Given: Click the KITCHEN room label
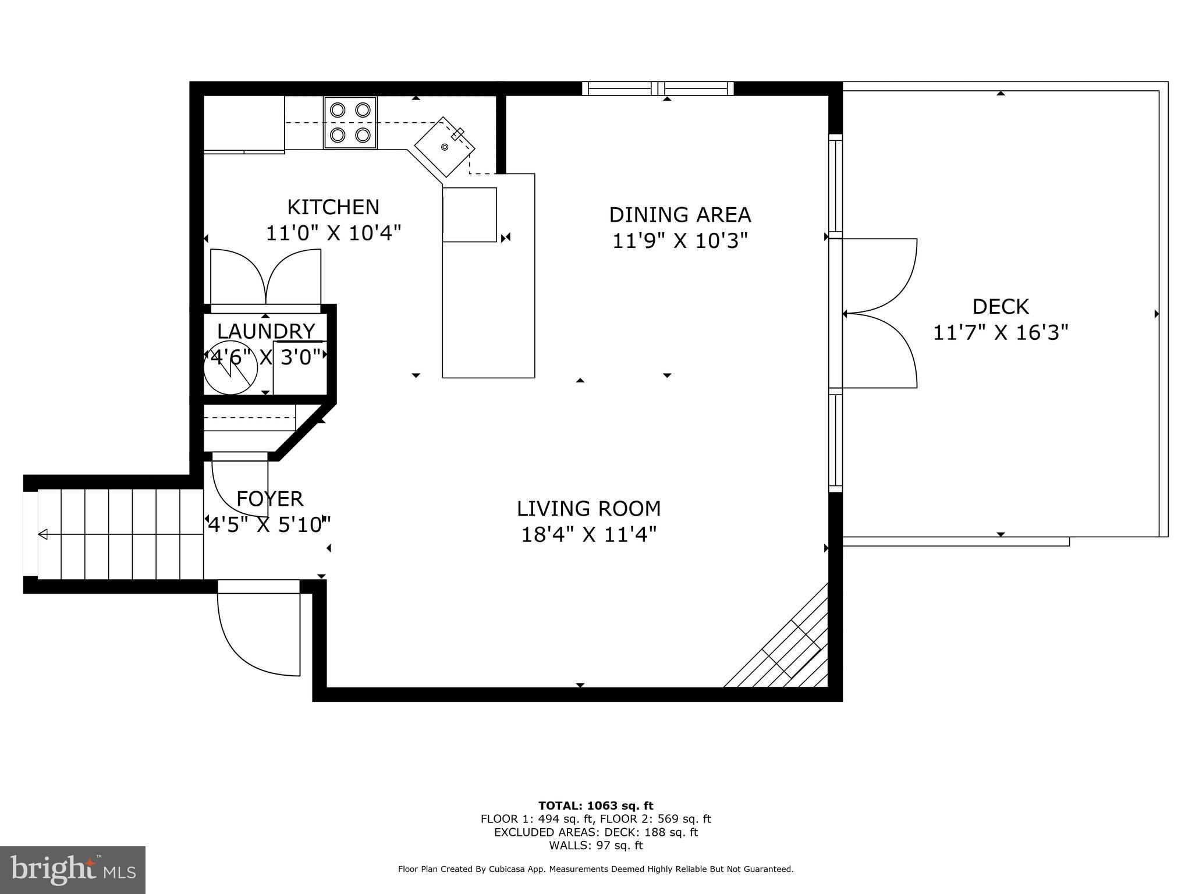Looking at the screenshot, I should click(333, 207).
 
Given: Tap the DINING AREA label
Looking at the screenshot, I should click(680, 215).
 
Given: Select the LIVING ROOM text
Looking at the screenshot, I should click(588, 509).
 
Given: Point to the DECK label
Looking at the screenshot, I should click(1001, 307).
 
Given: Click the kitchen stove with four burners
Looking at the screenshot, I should click(350, 123).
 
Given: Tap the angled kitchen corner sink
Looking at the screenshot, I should click(444, 147).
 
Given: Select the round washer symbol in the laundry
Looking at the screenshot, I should click(230, 370).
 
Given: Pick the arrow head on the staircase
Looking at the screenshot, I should click(43, 534).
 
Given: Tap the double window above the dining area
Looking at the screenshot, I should click(658, 88).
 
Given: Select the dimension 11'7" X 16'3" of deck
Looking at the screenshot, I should click(1001, 333).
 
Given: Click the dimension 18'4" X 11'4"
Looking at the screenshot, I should click(588, 534).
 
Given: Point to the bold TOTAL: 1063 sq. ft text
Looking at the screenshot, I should click(595, 806).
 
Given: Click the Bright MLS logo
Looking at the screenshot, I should click(73, 870).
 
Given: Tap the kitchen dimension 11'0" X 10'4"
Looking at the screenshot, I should click(333, 233).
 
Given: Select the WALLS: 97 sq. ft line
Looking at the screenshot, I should click(595, 845).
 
